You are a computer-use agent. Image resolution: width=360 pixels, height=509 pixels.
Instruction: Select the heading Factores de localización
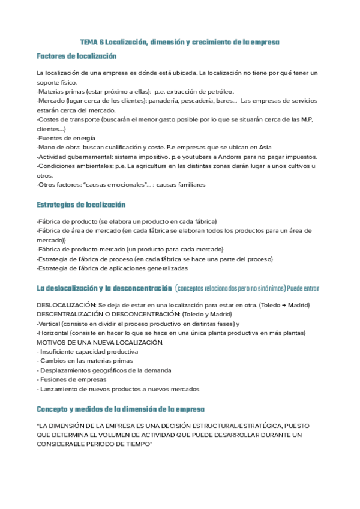pos(76,56)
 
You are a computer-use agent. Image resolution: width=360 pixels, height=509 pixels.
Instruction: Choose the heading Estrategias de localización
pos(81,205)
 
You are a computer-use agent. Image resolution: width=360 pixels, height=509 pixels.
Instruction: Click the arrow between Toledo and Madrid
pos(286,306)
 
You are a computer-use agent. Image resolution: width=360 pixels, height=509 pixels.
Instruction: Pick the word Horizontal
pos(53,333)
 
